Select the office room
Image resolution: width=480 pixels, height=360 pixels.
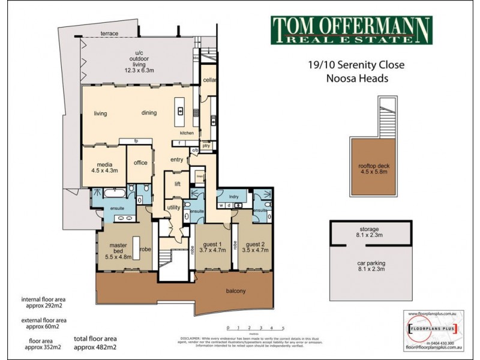pos(141,163)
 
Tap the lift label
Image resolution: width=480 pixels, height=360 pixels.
pos(178,184)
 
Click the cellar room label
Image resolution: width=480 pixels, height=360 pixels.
pos(208,80)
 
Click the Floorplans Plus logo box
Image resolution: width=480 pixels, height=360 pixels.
pos(432,329)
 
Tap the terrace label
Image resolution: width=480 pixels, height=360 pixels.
pos(109,33)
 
